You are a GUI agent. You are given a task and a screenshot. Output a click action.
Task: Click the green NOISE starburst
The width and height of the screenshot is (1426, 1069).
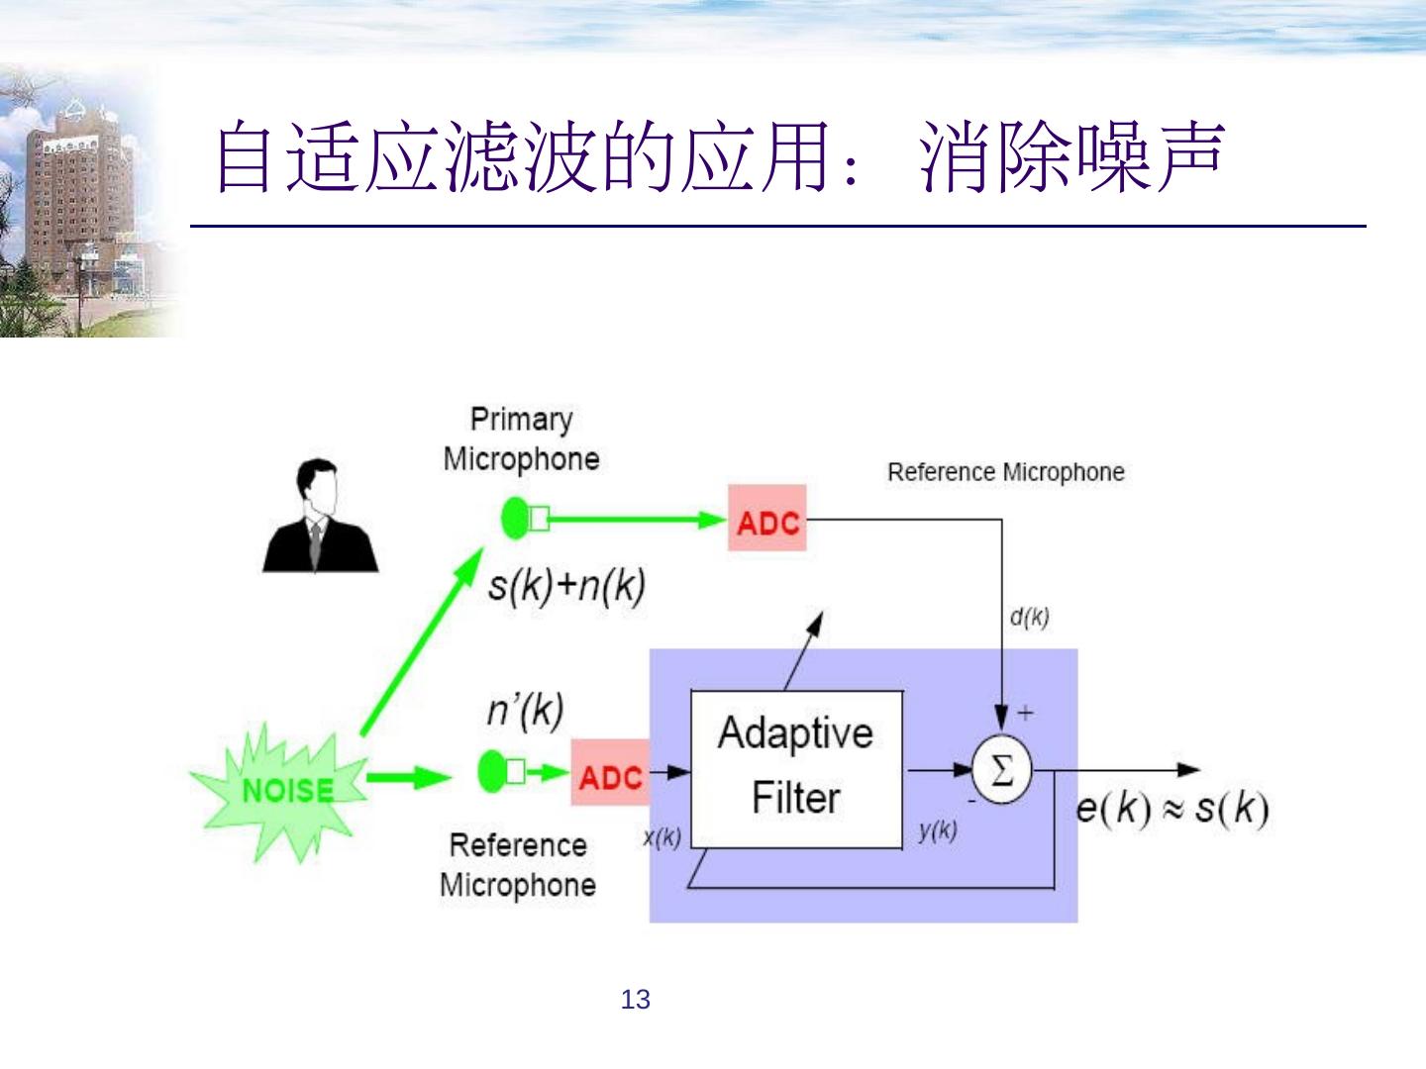(x=282, y=789)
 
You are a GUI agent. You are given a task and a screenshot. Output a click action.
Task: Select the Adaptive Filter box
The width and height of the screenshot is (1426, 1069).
(x=796, y=768)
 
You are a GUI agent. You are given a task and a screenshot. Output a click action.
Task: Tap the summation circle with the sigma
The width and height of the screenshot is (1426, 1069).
(x=1001, y=770)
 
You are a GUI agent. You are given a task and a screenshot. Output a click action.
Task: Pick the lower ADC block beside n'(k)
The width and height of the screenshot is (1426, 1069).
(x=611, y=773)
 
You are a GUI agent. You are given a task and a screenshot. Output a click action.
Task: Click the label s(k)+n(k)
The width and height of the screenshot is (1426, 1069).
(x=566, y=586)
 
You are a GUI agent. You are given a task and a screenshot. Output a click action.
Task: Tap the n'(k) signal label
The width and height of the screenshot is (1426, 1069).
(x=525, y=710)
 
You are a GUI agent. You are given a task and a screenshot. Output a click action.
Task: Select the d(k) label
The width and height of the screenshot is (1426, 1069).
(x=1029, y=618)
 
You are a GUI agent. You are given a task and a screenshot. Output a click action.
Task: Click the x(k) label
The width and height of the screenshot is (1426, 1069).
(x=662, y=837)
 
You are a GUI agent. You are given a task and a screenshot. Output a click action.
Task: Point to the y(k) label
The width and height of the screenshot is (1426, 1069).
(x=937, y=831)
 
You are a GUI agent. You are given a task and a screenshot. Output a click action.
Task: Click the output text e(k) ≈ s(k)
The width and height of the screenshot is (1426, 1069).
(x=1171, y=809)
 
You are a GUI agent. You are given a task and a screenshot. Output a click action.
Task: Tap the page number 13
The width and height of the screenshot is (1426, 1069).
(x=636, y=1000)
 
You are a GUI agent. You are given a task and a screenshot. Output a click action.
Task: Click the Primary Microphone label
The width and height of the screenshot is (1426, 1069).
(x=521, y=438)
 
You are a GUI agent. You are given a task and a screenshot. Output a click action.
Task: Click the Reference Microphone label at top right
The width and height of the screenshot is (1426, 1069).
(x=1005, y=472)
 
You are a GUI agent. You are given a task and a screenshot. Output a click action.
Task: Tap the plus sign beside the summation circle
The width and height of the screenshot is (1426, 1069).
(x=1025, y=712)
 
